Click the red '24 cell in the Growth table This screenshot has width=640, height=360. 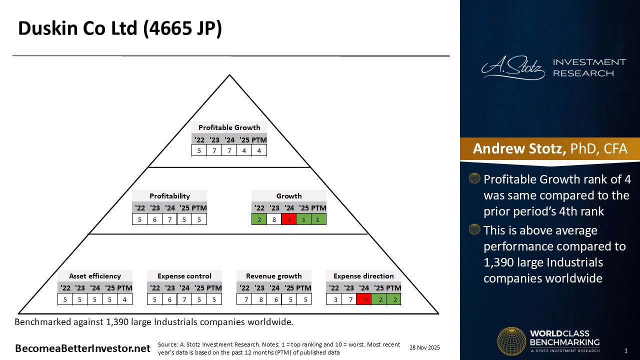(289, 219)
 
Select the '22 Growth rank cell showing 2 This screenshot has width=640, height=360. (259, 219)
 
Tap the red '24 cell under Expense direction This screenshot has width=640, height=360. (364, 299)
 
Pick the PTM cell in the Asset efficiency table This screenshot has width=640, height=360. (124, 299)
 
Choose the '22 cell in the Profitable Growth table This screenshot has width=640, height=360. (199, 150)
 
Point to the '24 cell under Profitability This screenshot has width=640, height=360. (169, 219)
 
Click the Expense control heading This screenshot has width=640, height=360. (184, 276)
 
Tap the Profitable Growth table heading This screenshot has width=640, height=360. (229, 127)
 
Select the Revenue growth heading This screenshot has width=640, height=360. (273, 276)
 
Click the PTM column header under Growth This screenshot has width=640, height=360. (318, 208)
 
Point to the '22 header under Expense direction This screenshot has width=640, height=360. (333, 287)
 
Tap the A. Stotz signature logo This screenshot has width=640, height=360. (513, 67)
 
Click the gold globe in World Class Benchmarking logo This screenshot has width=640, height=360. (511, 341)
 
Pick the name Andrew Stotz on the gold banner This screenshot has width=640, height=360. (519, 148)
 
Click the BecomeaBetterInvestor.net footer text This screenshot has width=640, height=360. (82, 348)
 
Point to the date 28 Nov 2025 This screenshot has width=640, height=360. (424, 347)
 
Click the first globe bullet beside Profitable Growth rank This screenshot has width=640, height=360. (474, 178)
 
